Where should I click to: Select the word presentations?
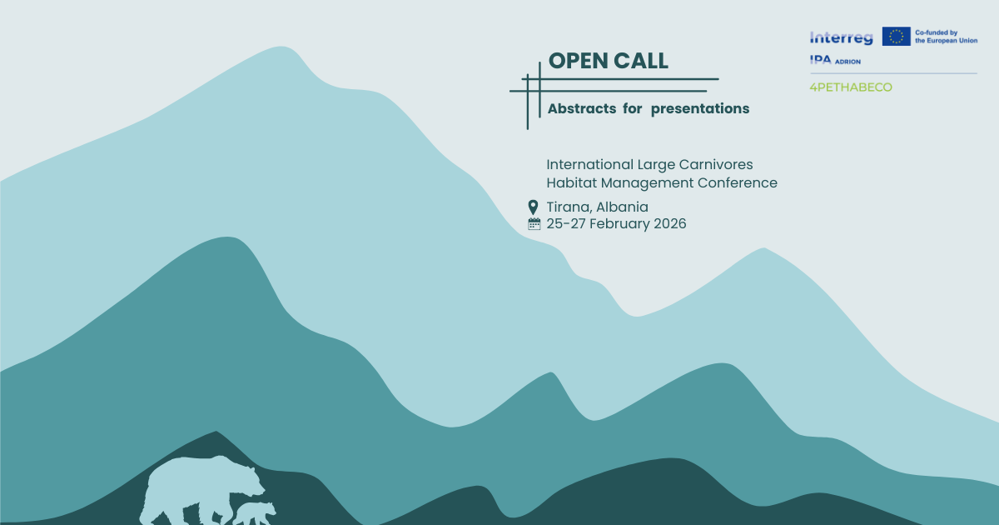(700, 108)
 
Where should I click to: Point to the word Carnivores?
(716, 165)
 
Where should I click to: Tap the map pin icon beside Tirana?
(534, 207)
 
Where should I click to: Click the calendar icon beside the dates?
(534, 223)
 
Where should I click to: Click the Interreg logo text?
(841, 37)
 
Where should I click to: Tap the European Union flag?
(897, 36)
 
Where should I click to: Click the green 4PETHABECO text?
(850, 87)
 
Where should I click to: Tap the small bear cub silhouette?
(253, 512)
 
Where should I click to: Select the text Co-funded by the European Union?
(945, 36)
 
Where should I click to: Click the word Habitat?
(572, 182)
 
